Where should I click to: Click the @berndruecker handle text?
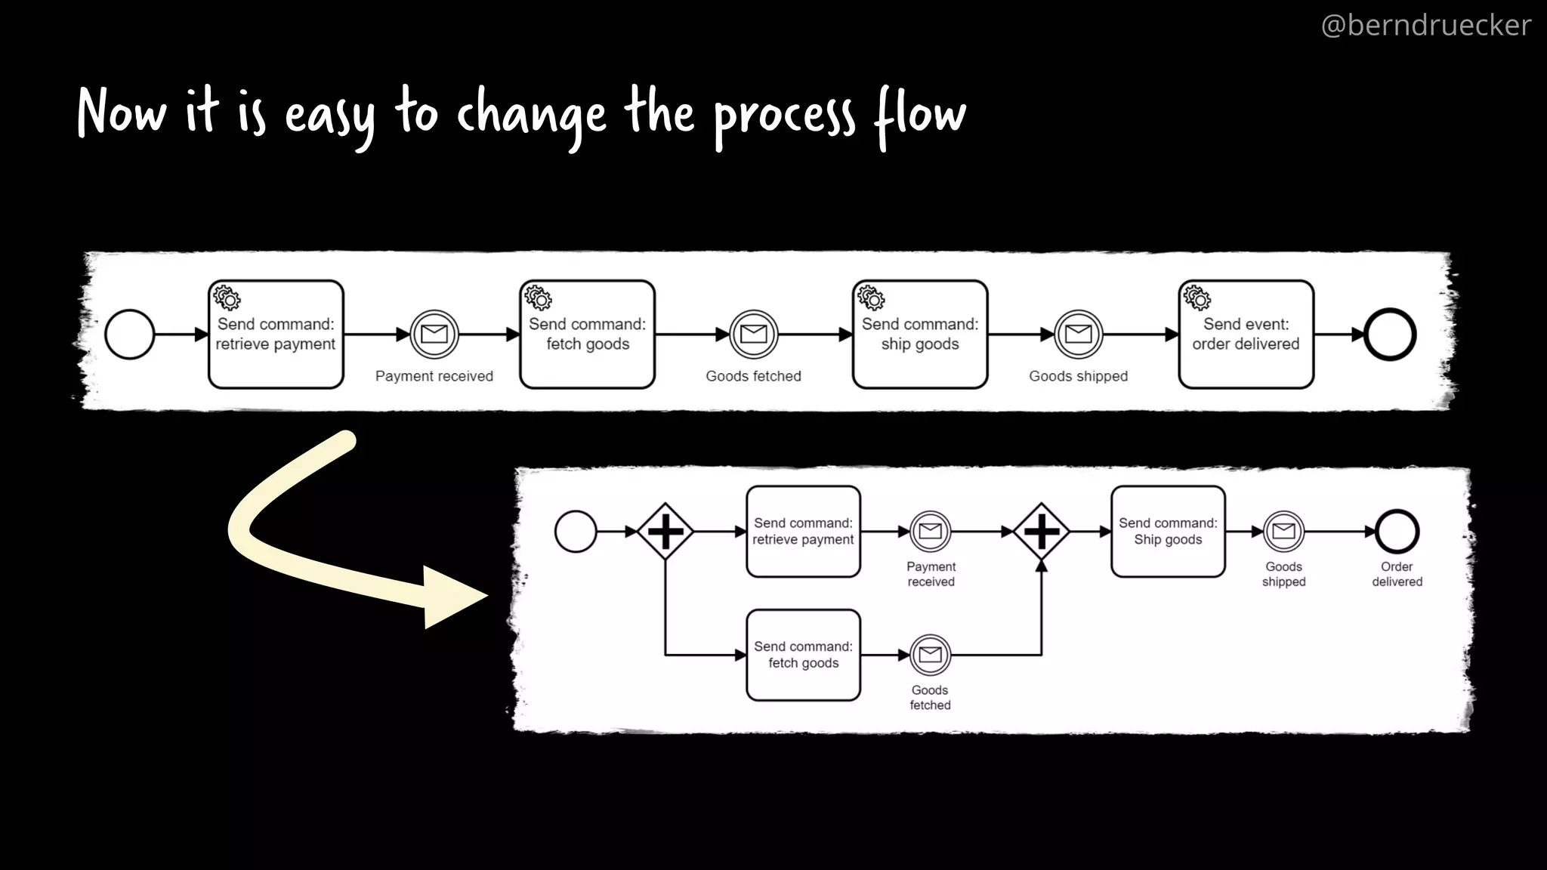1425,26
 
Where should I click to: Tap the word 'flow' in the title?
920,115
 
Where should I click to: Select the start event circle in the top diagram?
130,335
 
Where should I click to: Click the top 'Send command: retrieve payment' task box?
276,335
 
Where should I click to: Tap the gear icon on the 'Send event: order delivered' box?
1197,298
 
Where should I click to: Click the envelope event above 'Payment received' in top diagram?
434,334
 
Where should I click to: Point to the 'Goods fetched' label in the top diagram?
753,376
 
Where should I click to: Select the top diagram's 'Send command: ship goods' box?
919,335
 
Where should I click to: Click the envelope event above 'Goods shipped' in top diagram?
1078,334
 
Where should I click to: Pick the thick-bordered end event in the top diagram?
1389,335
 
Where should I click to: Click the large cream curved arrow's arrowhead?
450,597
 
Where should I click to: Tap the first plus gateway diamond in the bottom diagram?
665,532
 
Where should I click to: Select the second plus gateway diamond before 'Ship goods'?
1041,532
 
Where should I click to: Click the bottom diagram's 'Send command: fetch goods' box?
803,655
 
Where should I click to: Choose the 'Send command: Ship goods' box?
1168,532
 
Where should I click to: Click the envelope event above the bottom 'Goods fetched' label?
930,655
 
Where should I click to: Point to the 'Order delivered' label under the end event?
1397,574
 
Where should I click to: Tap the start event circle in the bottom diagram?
576,532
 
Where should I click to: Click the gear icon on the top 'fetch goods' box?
539,298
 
